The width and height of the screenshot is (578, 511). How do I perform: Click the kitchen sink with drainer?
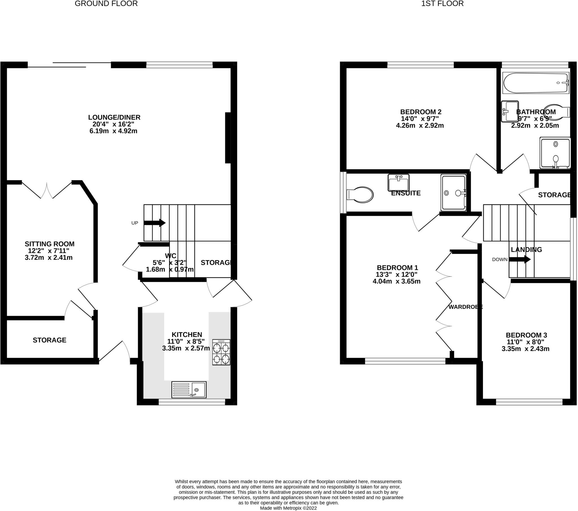[x=189, y=389]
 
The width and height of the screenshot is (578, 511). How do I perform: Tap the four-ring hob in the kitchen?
[x=221, y=352]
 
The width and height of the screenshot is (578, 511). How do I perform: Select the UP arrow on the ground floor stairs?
[x=154, y=223]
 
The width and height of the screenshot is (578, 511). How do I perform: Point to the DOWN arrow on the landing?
[x=520, y=259]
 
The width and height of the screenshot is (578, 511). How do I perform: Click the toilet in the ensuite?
[x=360, y=195]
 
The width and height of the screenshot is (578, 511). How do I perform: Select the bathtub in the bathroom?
[x=536, y=83]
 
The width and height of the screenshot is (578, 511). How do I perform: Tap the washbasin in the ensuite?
[x=399, y=183]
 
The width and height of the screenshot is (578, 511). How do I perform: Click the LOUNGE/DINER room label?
[x=114, y=117]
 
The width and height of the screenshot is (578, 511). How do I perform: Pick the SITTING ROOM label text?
[x=49, y=244]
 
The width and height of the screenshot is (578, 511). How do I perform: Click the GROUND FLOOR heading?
[x=106, y=4]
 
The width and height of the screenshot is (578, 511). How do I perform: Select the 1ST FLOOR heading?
[x=442, y=4]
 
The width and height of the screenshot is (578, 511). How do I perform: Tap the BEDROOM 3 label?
[x=526, y=335]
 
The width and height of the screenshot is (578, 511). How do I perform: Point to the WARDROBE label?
[x=465, y=307]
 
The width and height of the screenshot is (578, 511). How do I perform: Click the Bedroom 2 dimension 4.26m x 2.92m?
[x=420, y=126]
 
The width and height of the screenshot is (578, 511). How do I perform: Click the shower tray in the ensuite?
[x=453, y=193]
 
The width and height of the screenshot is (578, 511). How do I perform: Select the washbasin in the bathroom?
[x=510, y=111]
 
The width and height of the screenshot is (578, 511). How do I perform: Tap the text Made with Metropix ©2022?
[x=288, y=508]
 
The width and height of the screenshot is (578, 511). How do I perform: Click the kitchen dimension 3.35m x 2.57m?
[x=186, y=348]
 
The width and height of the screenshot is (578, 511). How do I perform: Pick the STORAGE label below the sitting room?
[x=49, y=340]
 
